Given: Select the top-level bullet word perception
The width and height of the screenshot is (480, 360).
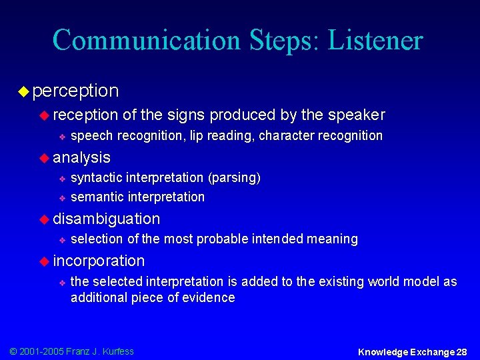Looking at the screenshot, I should [75, 90].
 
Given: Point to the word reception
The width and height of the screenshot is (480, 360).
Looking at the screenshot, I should [86, 115].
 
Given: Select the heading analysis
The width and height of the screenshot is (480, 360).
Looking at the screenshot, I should [81, 157].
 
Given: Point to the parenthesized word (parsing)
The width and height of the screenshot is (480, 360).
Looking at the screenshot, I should [234, 178].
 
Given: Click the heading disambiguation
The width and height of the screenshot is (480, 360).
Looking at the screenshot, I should [107, 219].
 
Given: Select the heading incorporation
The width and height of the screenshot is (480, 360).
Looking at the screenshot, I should [99, 261].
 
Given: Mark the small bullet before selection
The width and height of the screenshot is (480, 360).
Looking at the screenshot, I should [61, 239].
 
